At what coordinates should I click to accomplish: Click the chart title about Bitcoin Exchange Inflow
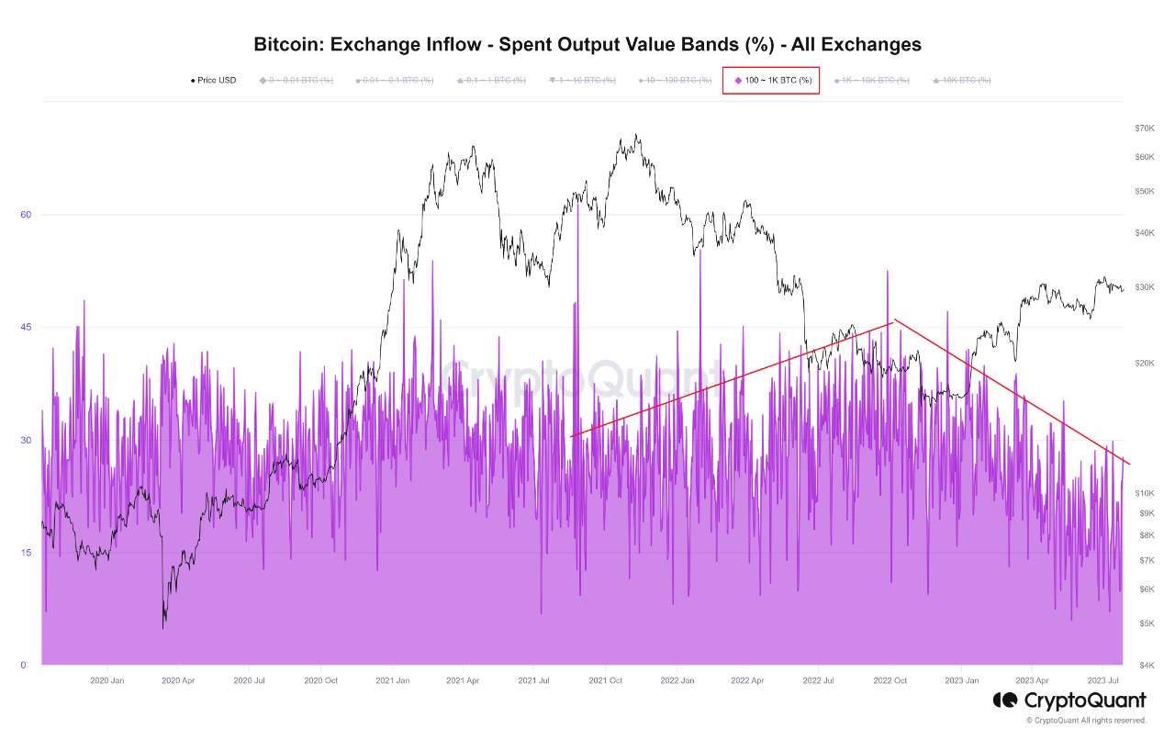tap(587, 44)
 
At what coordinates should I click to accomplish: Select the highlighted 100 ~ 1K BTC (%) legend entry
tap(772, 81)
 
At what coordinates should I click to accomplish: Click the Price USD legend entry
tap(213, 81)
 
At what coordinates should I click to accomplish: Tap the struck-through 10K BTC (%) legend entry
tap(961, 81)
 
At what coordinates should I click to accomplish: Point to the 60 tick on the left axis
tap(27, 215)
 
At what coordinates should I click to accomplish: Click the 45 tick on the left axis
tap(27, 328)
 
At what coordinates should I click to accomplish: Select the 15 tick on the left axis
tap(27, 553)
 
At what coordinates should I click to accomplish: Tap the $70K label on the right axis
tap(1144, 129)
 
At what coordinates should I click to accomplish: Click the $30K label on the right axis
tap(1144, 287)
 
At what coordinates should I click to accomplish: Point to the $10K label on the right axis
tap(1144, 494)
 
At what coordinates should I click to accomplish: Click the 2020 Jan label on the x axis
tap(106, 680)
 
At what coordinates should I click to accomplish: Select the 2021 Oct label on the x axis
tap(605, 680)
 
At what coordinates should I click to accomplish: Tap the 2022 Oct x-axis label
tap(890, 680)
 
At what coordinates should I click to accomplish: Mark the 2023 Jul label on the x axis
tap(1102, 680)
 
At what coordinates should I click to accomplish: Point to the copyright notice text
tap(1086, 721)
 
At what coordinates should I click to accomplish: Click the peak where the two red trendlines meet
tap(893, 320)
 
